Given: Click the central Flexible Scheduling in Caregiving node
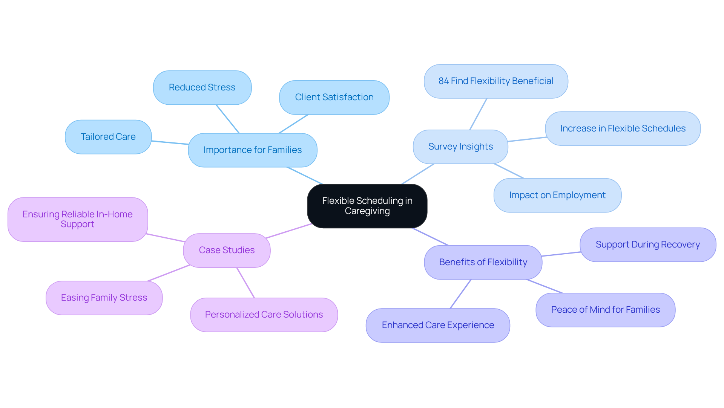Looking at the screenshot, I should click(367, 206).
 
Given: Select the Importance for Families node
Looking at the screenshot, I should click(252, 150).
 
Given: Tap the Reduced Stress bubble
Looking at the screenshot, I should click(202, 87).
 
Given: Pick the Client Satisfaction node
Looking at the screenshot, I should click(334, 97).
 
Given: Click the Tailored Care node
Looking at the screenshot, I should click(108, 137).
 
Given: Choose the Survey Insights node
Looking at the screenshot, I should click(460, 147).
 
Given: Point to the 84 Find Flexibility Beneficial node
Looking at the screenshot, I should click(496, 81).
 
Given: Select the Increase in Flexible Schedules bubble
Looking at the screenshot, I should click(623, 128).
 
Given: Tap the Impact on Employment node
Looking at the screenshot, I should click(557, 195).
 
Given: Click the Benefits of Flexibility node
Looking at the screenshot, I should click(483, 262).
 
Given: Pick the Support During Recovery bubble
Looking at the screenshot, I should click(647, 244).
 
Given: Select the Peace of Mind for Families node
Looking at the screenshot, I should click(605, 310).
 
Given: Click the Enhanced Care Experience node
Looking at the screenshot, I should click(438, 325).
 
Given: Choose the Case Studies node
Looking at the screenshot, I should click(227, 250).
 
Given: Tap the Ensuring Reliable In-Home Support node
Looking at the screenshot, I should click(78, 219).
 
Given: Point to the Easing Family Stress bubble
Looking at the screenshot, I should click(104, 298).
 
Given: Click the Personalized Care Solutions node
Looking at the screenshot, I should click(264, 315).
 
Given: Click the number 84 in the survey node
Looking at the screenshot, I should click(443, 81).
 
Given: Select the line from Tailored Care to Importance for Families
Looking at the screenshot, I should click(170, 142).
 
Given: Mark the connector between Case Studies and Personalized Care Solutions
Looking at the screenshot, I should click(245, 283).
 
